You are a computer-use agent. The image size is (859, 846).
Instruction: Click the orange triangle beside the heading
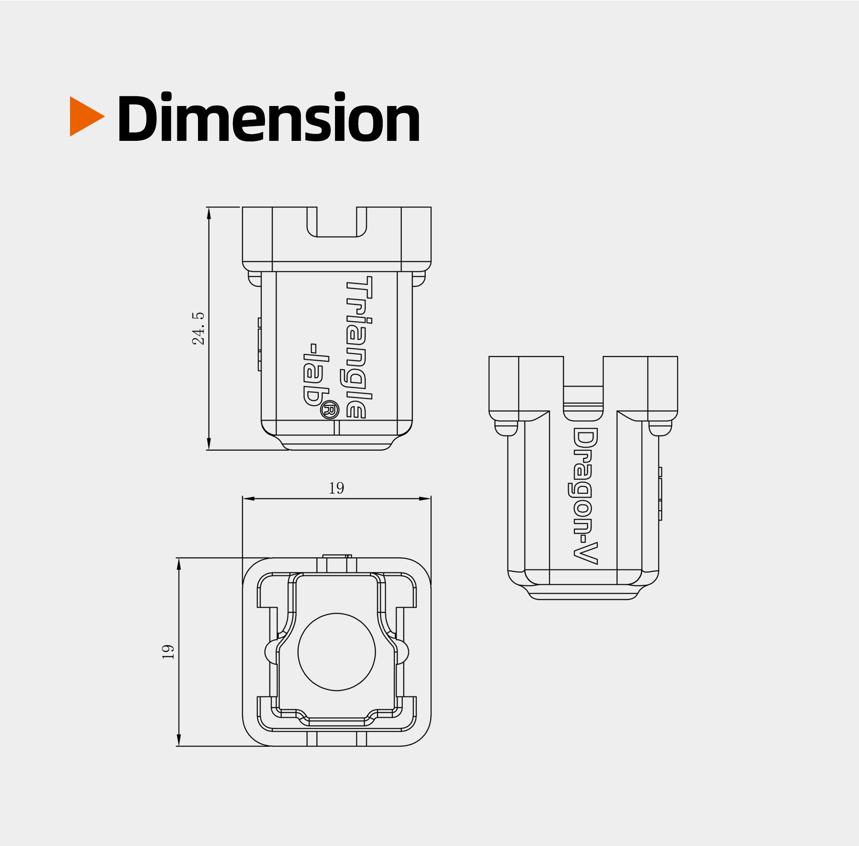tap(85, 116)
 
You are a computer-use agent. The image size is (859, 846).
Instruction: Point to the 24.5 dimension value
tap(198, 329)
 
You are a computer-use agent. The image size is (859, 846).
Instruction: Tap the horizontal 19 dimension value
tap(336, 488)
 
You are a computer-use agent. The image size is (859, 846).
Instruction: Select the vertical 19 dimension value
tap(168, 651)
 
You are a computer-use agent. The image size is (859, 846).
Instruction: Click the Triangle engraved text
tap(356, 347)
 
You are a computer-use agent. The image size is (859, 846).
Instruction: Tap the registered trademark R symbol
tap(329, 410)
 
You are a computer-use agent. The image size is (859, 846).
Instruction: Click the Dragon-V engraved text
tap(584, 496)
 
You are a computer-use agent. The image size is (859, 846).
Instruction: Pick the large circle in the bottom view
tap(336, 652)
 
